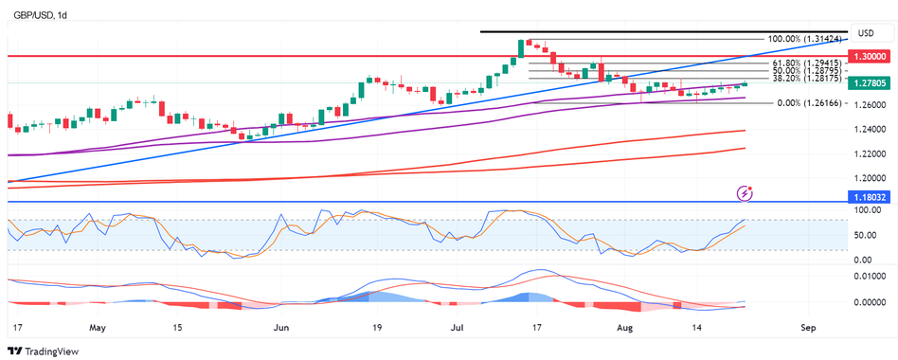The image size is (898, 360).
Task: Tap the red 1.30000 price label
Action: [870, 57]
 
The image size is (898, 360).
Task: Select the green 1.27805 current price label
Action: [870, 83]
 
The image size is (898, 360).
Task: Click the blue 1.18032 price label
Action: [870, 196]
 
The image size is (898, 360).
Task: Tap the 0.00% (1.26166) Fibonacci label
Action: [800, 103]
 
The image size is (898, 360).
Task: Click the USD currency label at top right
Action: [864, 32]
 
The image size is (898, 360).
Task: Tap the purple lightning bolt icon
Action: [745, 193]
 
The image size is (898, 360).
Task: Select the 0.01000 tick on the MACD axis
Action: [869, 276]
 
